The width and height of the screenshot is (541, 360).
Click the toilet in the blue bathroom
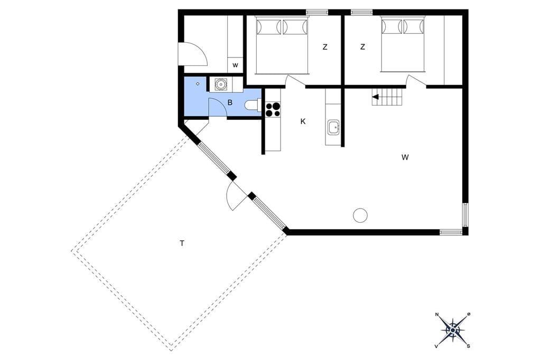253,105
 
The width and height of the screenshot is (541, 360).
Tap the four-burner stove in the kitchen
273,109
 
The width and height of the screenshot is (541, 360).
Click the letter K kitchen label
303,121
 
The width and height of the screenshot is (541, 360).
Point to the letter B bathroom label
230,103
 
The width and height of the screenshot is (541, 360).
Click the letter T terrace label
182,243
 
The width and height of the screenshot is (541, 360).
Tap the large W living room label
405,158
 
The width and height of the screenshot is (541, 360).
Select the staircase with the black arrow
387,97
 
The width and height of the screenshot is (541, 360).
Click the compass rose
453,330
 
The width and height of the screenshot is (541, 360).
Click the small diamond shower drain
198,83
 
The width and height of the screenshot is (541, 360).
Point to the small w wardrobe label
235,65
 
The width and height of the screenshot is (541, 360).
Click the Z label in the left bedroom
325,47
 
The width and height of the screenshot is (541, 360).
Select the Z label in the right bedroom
362,47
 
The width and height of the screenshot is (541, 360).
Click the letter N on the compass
437,315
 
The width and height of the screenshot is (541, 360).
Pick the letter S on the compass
468,346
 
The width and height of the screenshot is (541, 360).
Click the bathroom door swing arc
222,103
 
